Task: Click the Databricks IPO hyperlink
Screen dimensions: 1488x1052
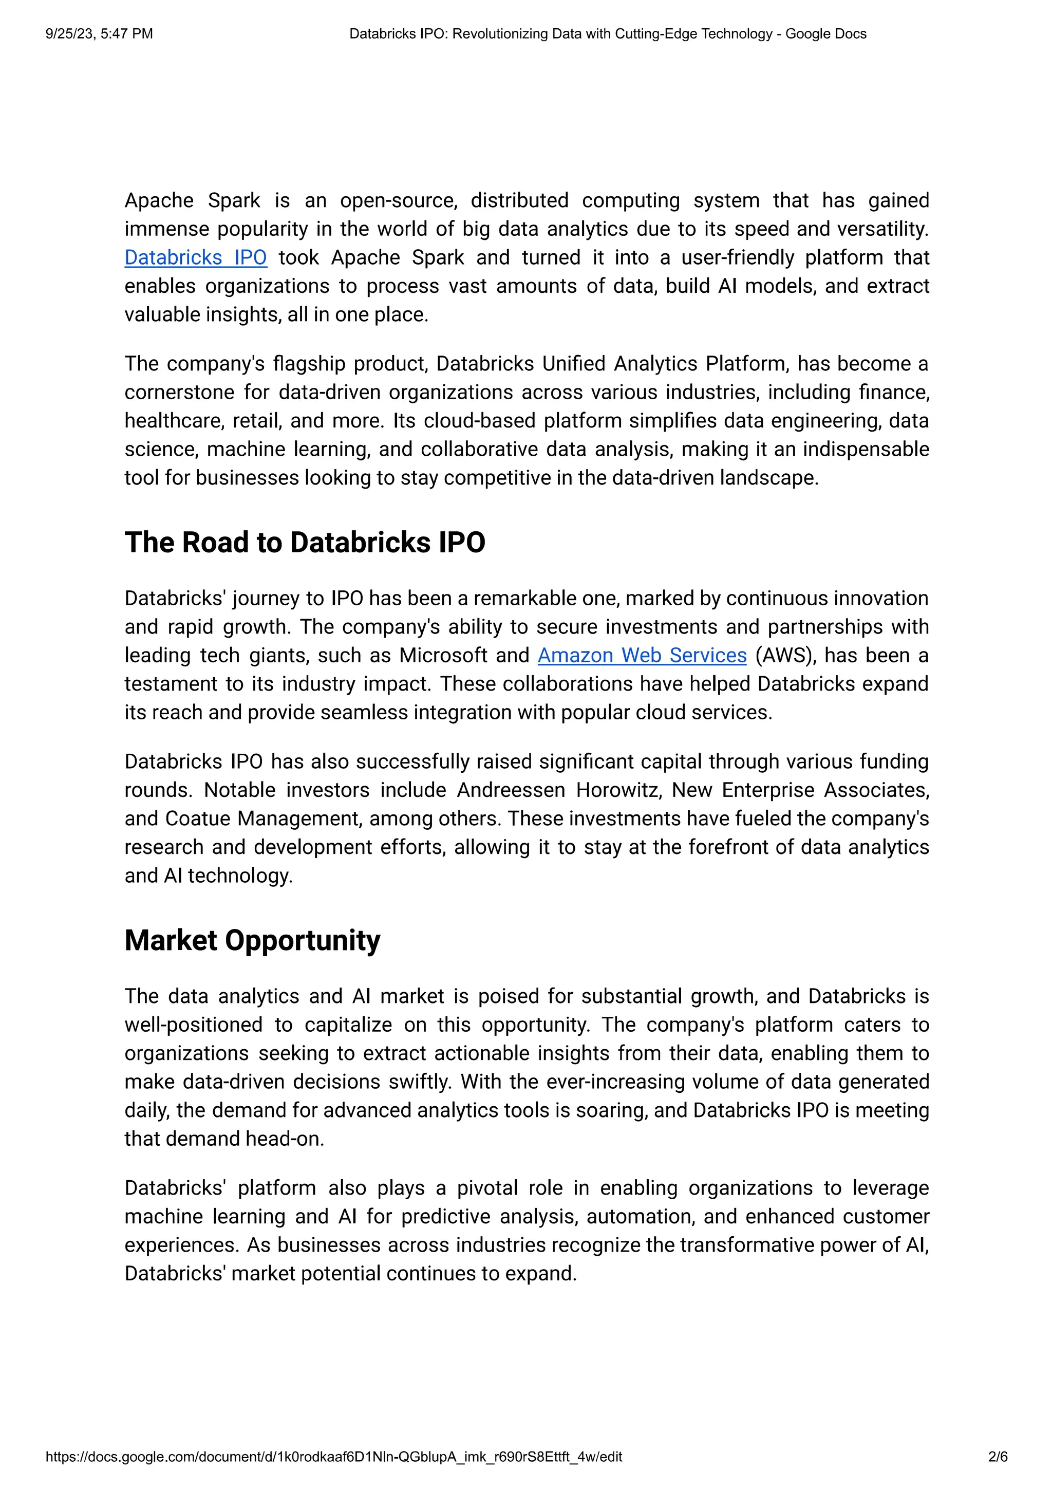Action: [195, 257]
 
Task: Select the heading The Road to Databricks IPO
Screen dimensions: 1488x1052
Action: [305, 543]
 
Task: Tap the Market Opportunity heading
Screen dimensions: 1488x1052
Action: [252, 940]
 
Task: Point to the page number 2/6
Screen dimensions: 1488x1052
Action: [998, 1457]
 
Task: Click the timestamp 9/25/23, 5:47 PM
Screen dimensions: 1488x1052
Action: [99, 34]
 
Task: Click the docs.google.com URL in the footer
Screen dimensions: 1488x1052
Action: [333, 1457]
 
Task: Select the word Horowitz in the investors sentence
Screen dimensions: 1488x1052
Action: [618, 790]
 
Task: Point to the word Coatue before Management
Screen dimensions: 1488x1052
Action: [197, 819]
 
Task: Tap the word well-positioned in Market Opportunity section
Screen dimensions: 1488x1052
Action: [193, 1025]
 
